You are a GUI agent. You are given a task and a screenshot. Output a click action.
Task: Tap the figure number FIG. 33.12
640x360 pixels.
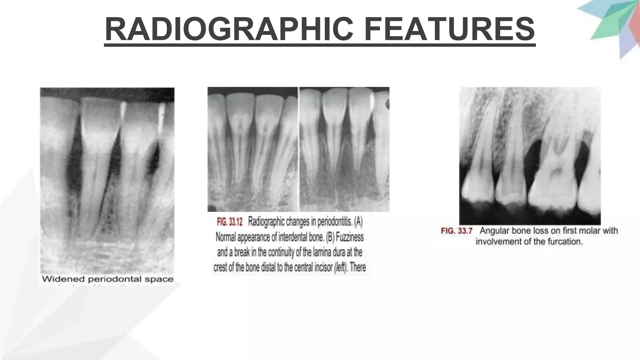(230, 222)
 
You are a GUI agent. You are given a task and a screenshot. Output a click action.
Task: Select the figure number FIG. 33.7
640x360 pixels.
(457, 231)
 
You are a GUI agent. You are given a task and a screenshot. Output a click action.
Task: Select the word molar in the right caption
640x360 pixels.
(591, 231)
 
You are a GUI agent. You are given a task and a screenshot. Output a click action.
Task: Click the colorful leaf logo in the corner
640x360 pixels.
(612, 25)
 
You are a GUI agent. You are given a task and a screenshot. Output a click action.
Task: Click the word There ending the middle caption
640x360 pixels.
(358, 268)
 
